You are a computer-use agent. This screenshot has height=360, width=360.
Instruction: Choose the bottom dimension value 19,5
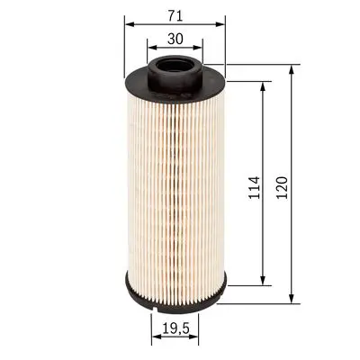point(176,329)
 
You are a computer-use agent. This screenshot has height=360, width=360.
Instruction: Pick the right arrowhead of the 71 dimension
point(220,24)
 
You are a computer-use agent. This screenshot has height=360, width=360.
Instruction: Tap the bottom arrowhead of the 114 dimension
point(262,278)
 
